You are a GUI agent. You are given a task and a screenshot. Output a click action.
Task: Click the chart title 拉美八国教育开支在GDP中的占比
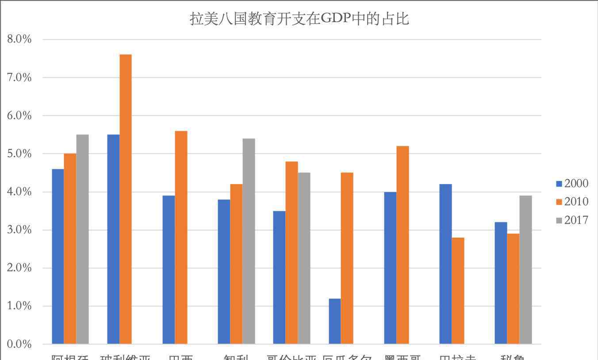pos(299,19)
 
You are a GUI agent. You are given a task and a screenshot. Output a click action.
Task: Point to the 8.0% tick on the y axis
pos(19,39)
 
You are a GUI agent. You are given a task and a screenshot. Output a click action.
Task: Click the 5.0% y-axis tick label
pos(19,154)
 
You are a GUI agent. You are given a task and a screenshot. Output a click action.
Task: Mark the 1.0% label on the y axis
pos(19,306)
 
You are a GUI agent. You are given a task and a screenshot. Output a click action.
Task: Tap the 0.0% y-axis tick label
pos(19,344)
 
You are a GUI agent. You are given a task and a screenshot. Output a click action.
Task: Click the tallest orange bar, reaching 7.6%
pos(126,199)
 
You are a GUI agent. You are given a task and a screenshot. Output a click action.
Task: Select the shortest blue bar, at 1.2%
pos(335,322)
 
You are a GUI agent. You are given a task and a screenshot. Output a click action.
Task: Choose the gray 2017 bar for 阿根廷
pos(82,239)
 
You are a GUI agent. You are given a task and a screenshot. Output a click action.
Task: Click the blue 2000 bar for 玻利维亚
pos(113,239)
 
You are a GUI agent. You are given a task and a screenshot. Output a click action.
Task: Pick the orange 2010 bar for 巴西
pos(181,237)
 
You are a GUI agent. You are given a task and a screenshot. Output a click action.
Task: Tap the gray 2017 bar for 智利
pos(249,241)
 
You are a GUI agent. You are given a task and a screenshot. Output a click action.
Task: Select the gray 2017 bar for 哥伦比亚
pos(304,258)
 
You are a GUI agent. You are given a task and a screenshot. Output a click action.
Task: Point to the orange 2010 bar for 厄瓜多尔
pos(347,258)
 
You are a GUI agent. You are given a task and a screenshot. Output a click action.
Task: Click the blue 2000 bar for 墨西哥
pos(390,268)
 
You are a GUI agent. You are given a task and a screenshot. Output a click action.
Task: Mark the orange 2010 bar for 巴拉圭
pos(458,291)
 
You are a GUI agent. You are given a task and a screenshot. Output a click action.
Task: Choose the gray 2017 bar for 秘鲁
pos(525,270)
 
